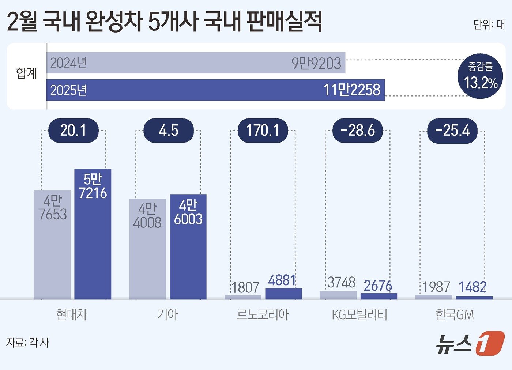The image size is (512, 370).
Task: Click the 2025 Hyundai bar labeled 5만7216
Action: tap(93, 234)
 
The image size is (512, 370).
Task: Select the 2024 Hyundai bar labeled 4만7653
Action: tap(52, 245)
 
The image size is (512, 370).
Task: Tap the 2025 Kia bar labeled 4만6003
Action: tap(188, 247)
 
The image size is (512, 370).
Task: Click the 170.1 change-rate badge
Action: tap(263, 131)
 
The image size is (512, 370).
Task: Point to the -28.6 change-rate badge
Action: tap(357, 131)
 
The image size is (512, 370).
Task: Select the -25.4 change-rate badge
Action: tap(452, 131)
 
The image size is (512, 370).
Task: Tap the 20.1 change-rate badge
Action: tap(73, 131)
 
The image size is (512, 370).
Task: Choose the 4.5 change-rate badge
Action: tap(168, 131)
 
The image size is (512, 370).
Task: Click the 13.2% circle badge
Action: tap(480, 76)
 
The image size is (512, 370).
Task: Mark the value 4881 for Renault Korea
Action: tap(282, 280)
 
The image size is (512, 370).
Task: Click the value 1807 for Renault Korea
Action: tap(245, 288)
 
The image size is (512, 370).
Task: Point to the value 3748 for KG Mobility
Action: tap(341, 282)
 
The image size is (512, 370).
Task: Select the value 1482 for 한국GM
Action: tap(473, 287)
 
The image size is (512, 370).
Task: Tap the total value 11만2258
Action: tap(352, 90)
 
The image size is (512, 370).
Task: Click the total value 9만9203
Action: tap(316, 63)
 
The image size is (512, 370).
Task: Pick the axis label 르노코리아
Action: tap(263, 314)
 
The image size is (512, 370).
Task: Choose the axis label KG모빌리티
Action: tap(359, 314)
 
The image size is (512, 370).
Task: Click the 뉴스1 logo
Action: tap(470, 343)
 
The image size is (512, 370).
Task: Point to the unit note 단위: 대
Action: tap(489, 24)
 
